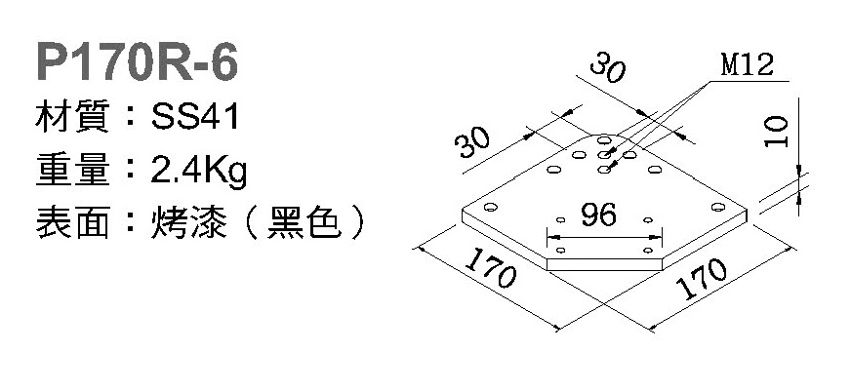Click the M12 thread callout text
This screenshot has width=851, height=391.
(747, 66)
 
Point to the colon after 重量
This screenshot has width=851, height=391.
(131, 172)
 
